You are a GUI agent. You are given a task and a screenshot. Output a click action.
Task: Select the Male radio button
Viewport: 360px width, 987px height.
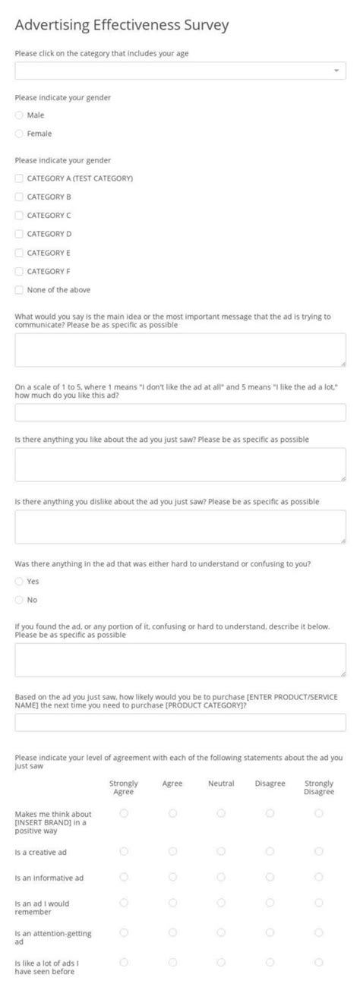coord(19,115)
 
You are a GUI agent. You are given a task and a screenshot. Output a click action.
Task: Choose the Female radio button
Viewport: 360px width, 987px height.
coord(19,134)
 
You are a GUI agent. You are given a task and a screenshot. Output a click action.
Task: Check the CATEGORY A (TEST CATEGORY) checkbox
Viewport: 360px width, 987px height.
coord(19,178)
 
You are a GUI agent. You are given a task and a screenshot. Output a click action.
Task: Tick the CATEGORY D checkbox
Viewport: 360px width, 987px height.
coord(19,234)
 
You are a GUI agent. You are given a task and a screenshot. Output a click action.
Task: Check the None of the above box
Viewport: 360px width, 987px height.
coord(19,289)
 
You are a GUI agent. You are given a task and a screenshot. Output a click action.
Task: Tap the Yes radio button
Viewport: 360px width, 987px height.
coord(19,582)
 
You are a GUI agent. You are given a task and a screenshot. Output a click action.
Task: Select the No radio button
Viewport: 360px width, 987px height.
coord(19,600)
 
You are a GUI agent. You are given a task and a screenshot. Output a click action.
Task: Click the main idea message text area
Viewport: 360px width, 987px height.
coord(180,350)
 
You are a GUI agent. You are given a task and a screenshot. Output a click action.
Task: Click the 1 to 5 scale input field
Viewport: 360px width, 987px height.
coord(180,412)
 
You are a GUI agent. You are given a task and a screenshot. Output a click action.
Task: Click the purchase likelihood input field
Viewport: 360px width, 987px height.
coord(180,722)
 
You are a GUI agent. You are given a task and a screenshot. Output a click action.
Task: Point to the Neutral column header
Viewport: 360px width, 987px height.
coord(221,784)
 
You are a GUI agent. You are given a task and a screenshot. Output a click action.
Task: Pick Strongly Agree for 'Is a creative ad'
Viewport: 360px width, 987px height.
coord(124,852)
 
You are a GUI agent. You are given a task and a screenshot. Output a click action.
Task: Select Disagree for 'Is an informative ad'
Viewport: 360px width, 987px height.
coord(270,877)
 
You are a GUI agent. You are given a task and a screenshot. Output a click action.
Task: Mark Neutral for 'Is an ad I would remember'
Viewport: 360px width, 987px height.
coord(221,903)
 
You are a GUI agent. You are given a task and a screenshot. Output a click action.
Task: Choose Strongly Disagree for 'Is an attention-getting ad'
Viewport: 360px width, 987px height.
coord(318,932)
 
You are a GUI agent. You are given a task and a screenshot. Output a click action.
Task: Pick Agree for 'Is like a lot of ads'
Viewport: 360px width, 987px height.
coord(172,962)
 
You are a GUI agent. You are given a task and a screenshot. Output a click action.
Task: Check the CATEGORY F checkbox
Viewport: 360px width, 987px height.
coord(19,271)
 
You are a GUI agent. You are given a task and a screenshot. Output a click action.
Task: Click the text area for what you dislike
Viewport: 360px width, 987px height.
coord(180,526)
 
